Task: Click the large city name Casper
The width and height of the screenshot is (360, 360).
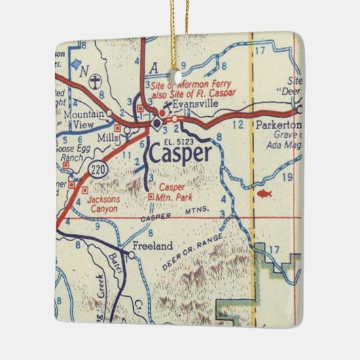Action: pyautogui.click(x=179, y=155)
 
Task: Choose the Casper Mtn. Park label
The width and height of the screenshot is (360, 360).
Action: pyautogui.click(x=176, y=192)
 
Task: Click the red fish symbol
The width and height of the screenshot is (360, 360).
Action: pyautogui.click(x=264, y=194)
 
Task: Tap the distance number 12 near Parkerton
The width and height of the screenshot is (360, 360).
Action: pyautogui.click(x=237, y=125)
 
